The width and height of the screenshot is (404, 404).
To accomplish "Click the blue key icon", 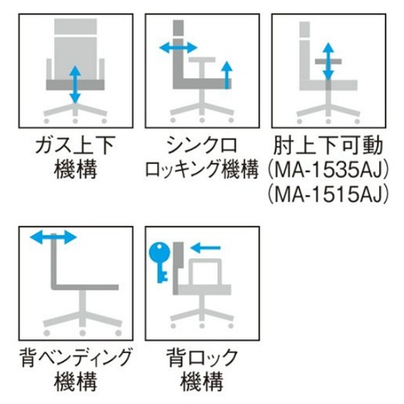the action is (159, 261).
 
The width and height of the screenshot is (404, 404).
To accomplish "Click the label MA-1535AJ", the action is (329, 170).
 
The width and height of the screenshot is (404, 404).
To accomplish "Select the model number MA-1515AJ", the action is (329, 195).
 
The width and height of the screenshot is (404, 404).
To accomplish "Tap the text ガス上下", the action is (76, 145).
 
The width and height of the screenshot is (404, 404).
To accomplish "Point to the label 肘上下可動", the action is (328, 145).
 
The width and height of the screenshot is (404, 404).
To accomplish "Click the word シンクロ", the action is (202, 145).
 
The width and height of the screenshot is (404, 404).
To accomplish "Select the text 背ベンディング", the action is (76, 358).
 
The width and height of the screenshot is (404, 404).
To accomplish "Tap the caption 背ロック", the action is (202, 358).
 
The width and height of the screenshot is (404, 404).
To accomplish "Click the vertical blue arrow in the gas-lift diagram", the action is (75, 85).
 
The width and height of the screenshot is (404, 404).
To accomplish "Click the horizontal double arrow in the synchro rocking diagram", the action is (179, 48).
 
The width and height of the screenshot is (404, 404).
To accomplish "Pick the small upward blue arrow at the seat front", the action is (228, 75).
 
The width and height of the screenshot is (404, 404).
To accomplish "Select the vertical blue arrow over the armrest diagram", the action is (328, 61).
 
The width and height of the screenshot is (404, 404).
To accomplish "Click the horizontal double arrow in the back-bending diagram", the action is (53, 238).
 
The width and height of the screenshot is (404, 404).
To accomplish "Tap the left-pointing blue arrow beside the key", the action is (205, 247).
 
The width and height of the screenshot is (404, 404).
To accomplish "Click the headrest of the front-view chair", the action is (75, 27).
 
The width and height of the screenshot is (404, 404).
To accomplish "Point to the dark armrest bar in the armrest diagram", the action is (328, 61).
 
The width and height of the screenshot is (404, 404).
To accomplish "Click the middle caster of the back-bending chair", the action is (82, 333).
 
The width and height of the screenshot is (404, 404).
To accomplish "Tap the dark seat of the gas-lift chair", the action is (75, 85).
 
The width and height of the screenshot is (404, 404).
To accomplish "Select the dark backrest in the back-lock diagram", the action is (178, 268).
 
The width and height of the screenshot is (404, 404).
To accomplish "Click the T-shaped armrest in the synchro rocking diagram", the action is (202, 67).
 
